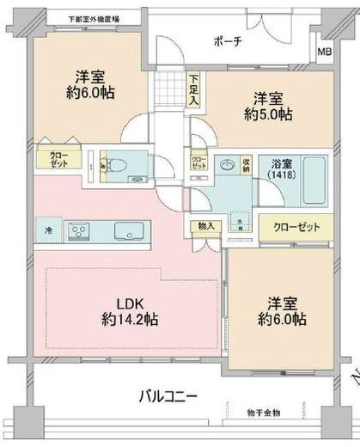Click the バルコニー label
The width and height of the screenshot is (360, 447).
point(168,397)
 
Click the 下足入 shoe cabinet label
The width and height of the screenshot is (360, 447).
point(193,89)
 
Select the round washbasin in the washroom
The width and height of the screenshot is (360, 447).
point(226,163)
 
